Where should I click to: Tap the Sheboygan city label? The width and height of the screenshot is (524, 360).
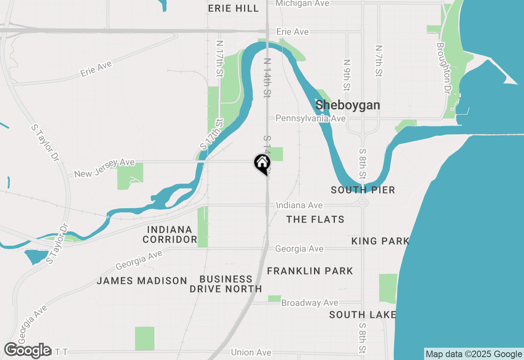[348, 105]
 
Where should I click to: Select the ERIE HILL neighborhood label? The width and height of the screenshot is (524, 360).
[233, 9]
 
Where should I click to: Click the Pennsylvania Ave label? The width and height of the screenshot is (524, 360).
[310, 118]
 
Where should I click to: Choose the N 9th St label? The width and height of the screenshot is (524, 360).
[347, 75]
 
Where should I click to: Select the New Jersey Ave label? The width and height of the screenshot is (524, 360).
[104, 168]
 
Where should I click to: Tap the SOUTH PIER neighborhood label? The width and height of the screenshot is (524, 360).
[363, 190]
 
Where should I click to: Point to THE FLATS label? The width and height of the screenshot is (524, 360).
[315, 220]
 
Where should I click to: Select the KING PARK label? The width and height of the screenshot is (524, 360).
[380, 241]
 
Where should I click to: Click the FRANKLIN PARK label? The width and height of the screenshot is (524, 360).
[310, 271]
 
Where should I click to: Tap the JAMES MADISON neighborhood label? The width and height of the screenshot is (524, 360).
[142, 281]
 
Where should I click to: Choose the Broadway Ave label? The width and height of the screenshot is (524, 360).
[310, 303]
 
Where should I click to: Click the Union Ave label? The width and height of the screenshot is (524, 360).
[251, 353]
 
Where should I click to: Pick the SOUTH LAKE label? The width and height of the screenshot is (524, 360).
[363, 315]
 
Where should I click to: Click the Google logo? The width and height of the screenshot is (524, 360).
[28, 351]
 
